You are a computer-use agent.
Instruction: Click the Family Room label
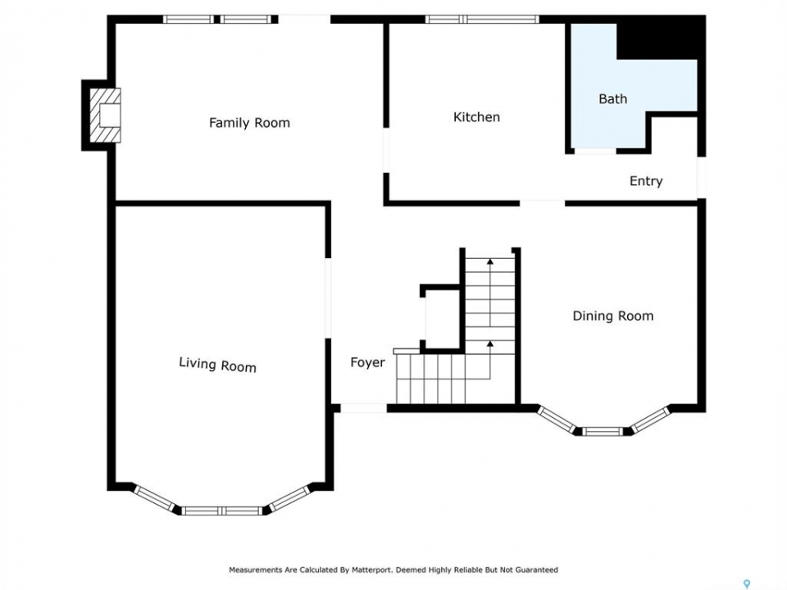point(249,123)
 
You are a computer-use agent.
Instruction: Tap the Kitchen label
point(476,117)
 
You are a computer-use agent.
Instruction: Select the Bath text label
point(613,99)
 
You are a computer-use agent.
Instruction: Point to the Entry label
point(646,181)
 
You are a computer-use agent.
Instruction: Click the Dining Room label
point(613,316)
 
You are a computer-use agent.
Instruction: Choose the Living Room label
point(217,365)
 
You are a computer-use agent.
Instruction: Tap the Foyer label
point(367,362)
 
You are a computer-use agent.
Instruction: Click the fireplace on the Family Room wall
point(105,116)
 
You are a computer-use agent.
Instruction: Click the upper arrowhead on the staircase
point(490,261)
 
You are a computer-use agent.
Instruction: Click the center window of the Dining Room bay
point(603,431)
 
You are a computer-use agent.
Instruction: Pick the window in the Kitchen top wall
point(482,20)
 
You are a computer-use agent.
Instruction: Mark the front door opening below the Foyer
point(363,408)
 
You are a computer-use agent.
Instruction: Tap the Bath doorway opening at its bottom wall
point(595,151)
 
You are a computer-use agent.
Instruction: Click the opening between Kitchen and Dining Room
point(542,203)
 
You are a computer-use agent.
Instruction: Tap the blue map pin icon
point(747,584)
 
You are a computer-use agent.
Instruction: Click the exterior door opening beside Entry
point(701,178)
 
